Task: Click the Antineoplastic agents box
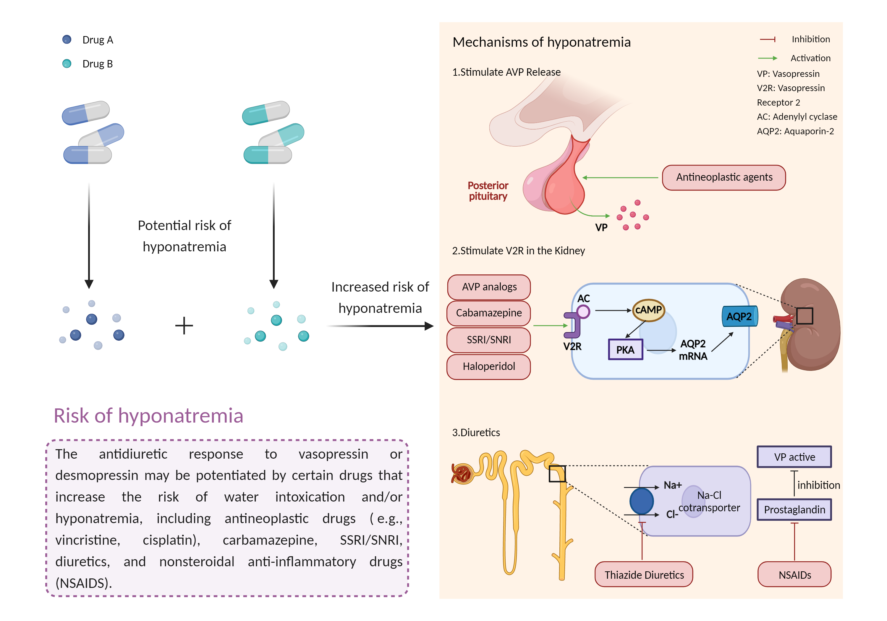pos(723,178)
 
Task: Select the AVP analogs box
pos(489,287)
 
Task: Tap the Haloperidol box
pos(489,366)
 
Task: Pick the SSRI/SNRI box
pos(489,340)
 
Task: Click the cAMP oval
pos(648,310)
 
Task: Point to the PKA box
pos(625,350)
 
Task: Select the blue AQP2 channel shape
pos(739,316)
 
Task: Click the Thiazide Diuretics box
pos(644,575)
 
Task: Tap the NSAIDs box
pos(794,575)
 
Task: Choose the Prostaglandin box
pos(794,510)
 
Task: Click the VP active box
pos(794,457)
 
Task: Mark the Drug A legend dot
pos(67,39)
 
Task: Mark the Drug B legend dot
pos(67,63)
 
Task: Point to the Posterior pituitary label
pos(488,191)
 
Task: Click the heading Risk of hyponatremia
pos(148,416)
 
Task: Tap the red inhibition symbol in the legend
pos(768,39)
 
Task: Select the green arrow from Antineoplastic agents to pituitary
pos(620,178)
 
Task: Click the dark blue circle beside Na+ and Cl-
pos(641,501)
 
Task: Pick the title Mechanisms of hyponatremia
pos(541,42)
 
